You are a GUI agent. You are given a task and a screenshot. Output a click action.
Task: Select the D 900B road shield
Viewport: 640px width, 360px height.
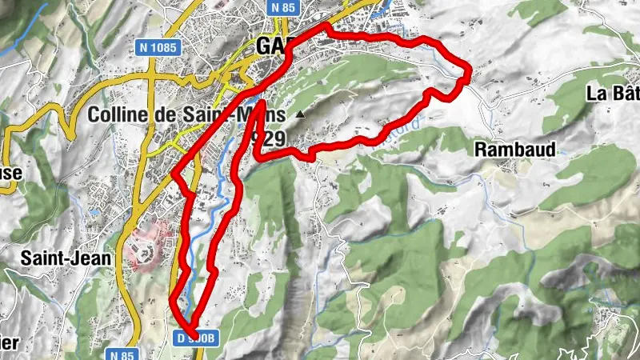(x=194, y=338)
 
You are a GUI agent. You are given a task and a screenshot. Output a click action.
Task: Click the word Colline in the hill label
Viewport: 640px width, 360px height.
(x=118, y=114)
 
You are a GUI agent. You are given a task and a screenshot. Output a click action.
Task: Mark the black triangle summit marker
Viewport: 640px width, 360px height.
(x=300, y=116)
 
